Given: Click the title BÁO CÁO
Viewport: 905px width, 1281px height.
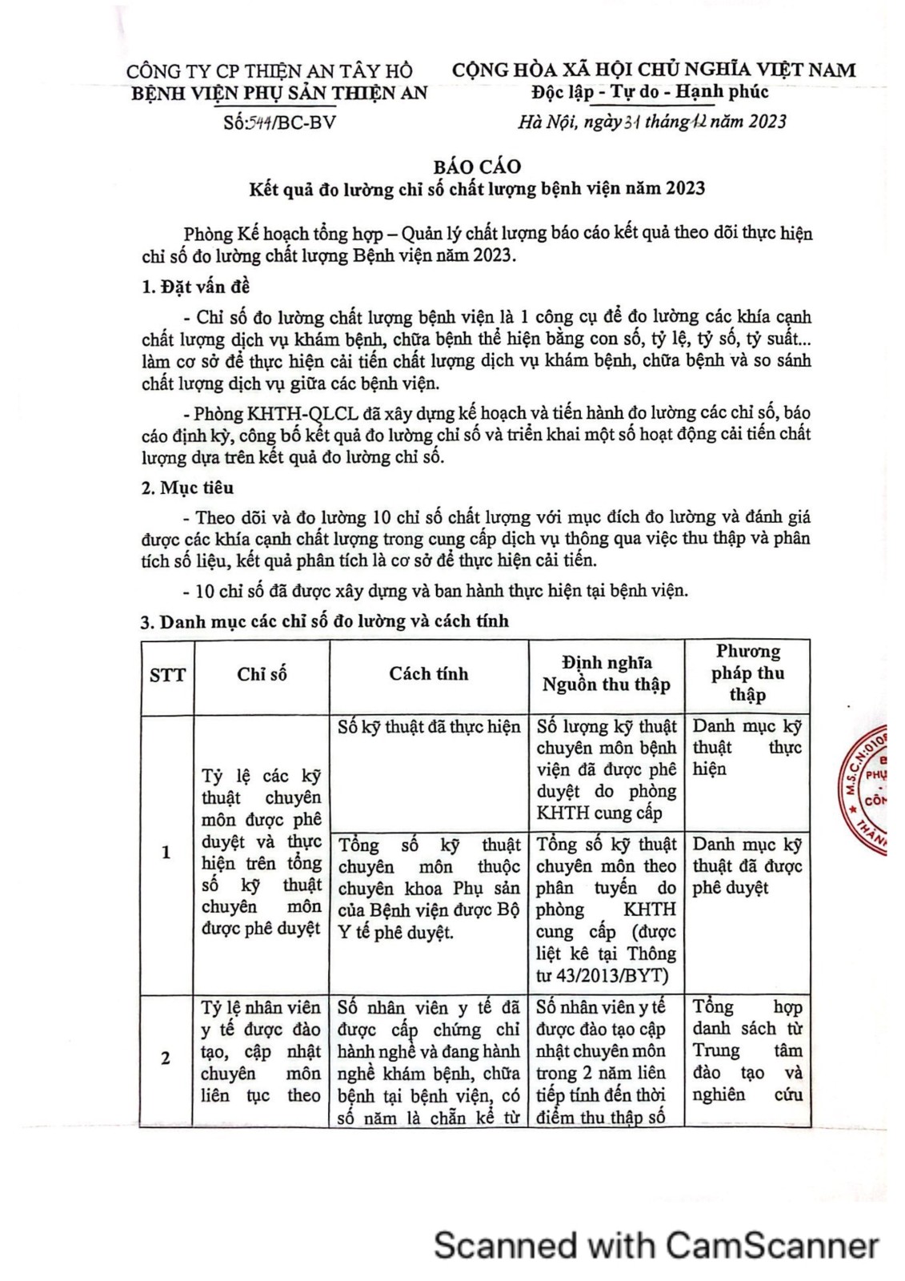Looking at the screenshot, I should pos(477,167).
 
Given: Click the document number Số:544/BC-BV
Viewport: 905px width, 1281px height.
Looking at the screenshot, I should pos(280,122).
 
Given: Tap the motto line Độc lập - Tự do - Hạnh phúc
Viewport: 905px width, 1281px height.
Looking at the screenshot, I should pos(650,92).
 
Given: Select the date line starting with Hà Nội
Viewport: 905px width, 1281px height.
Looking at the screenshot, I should pos(651,122).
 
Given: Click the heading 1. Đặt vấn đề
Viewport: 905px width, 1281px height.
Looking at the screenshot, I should pos(196,287).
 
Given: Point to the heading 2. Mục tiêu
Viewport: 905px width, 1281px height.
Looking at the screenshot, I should pos(188,488).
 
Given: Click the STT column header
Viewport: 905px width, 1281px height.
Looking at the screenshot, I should pos(167,675).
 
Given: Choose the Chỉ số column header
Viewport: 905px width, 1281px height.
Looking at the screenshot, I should pos(262,674).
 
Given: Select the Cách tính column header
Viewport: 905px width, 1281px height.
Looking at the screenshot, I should pos(428,674).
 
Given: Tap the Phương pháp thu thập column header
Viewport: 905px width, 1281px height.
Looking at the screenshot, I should pos(747,673).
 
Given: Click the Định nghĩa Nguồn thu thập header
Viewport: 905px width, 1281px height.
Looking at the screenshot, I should pos(606,673).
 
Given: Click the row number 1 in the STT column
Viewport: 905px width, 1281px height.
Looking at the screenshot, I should pos(166,852).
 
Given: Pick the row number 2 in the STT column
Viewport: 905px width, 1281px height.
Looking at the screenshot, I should pos(166,1058).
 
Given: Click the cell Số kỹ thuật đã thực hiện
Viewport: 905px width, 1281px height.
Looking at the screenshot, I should pos(429,727).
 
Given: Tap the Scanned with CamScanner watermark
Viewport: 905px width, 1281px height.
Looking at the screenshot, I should pos(656,1246).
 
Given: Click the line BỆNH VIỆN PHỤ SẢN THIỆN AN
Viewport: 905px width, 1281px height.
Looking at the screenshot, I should pos(279,93).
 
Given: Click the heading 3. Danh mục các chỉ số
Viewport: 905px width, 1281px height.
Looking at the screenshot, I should pos(325,621).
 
